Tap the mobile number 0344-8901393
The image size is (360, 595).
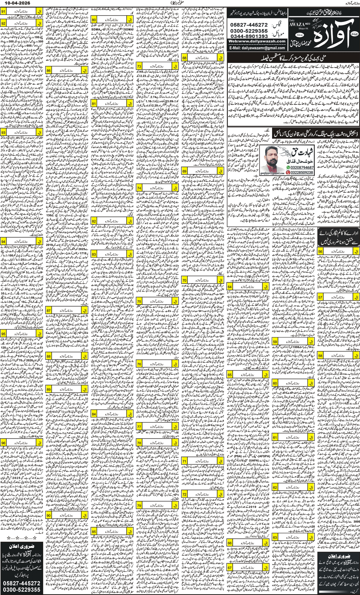249,36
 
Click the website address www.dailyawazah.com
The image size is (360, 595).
257,41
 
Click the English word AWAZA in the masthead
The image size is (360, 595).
297,24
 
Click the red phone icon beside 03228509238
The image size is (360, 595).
288,173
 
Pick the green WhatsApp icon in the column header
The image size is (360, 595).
288,168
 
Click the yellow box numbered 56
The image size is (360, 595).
320,251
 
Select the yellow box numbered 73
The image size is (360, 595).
139,66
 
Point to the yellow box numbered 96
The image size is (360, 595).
3,443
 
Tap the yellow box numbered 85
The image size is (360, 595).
94,531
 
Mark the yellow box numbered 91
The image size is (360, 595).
3,12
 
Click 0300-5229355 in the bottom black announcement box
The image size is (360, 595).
21,590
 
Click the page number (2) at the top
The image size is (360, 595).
175,3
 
